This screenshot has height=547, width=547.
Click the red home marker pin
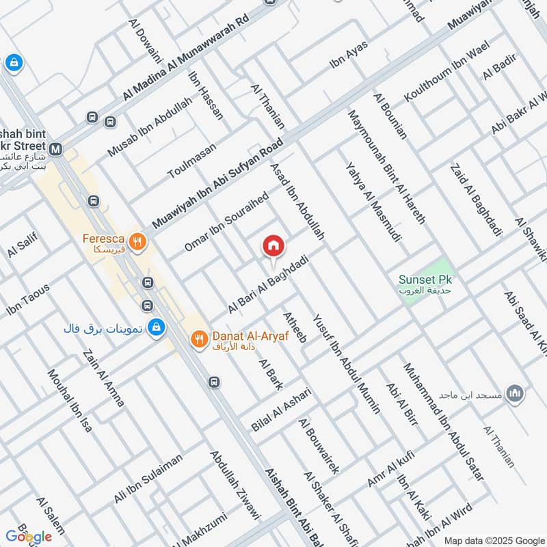click(273, 245)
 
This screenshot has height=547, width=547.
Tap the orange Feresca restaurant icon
click(138, 241)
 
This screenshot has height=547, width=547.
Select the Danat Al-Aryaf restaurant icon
click(198, 338)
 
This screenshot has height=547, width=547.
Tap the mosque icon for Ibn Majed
click(516, 394)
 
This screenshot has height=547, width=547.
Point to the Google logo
click(29, 535)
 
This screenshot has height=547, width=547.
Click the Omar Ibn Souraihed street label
click(226, 222)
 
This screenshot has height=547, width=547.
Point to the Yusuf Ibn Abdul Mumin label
click(347, 364)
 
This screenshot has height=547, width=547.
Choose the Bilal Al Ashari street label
click(281, 409)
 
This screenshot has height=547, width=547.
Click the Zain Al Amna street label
click(103, 378)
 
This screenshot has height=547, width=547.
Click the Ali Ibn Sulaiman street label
click(148, 479)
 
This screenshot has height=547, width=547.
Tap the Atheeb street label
click(295, 326)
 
